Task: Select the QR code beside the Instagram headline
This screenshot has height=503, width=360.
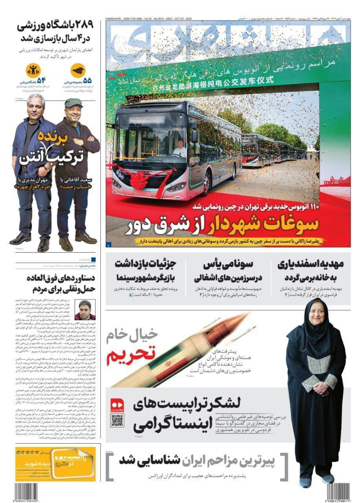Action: tap(117, 420)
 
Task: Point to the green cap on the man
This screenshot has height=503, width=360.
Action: tap(73, 103)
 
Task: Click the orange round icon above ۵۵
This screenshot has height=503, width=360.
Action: tap(77, 71)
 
